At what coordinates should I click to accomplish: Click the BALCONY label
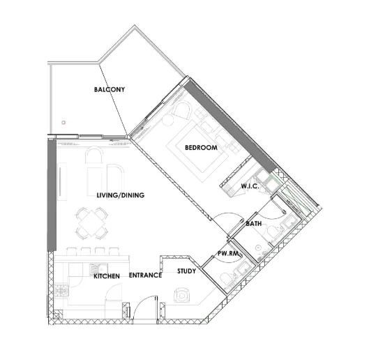click(x=110, y=90)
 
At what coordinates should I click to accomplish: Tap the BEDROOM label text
click(x=201, y=148)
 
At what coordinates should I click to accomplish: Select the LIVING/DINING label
click(x=120, y=195)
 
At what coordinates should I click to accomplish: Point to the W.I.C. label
click(x=250, y=186)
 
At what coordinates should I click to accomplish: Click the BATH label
click(x=254, y=224)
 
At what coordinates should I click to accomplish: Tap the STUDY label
click(x=186, y=271)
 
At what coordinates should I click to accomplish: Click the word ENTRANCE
click(x=145, y=275)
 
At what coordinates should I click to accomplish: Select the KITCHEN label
click(x=107, y=276)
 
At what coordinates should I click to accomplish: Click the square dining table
click(x=92, y=223)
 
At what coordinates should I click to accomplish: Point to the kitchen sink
click(x=96, y=268)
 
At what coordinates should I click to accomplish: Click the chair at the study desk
click(x=182, y=296)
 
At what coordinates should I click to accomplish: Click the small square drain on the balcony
click(x=63, y=123)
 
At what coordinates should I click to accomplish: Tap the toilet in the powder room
click(x=227, y=278)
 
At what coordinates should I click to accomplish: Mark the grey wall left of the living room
click(x=50, y=195)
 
